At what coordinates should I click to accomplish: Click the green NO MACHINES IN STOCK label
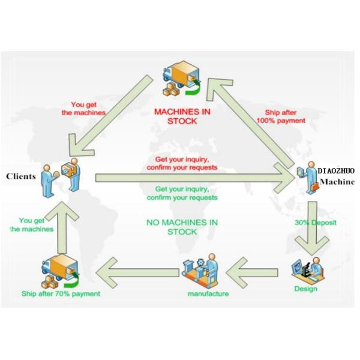(182, 227)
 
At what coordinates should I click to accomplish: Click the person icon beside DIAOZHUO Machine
(307, 178)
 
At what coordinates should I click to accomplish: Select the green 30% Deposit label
(315, 223)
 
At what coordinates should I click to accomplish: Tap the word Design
(305, 289)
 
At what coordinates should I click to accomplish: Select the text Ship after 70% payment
(61, 293)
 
